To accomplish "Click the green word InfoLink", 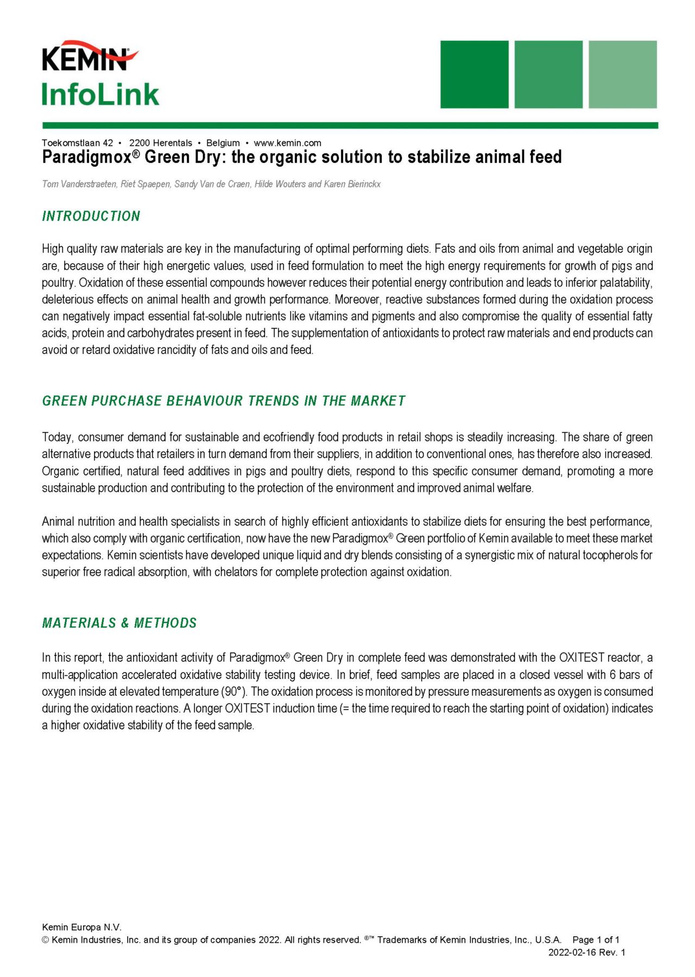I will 100,94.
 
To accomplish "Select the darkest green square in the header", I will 474,74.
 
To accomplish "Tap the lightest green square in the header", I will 622,74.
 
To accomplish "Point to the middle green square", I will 548,74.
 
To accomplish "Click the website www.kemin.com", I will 287,143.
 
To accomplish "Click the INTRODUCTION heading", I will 91,216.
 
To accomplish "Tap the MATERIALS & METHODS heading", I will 119,623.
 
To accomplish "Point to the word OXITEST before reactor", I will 582,658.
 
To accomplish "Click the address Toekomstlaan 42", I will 77,143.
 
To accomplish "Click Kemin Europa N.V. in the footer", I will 81,927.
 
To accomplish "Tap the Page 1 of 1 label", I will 596,940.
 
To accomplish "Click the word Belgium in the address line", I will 223,143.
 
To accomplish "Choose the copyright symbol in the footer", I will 46,940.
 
